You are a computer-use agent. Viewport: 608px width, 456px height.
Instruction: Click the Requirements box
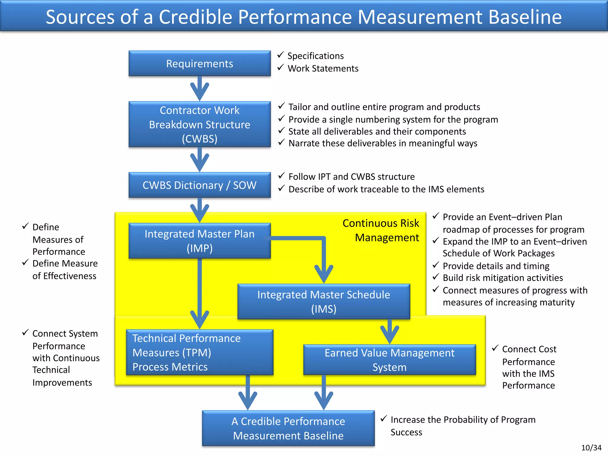(x=199, y=64)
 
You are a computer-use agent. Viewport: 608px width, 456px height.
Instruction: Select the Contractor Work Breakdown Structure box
(x=199, y=124)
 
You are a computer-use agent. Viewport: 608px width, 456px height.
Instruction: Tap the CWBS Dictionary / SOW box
(x=199, y=185)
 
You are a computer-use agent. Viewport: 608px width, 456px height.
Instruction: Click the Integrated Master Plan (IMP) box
(x=199, y=241)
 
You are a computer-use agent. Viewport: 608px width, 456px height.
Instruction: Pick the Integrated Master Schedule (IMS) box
(x=324, y=302)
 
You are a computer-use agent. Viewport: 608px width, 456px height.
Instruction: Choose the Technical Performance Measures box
(x=199, y=352)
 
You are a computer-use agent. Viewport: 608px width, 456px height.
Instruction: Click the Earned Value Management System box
(x=389, y=360)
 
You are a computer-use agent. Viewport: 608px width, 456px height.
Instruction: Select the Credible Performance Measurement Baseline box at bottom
(x=288, y=428)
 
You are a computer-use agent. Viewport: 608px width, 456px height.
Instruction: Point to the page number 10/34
(x=591, y=448)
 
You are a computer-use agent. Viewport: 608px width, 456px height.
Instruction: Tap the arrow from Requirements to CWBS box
(x=199, y=89)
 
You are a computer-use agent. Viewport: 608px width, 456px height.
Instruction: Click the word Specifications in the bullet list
(x=315, y=56)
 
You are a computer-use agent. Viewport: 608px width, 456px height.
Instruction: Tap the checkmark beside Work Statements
(x=281, y=68)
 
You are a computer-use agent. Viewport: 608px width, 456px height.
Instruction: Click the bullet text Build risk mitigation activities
(x=503, y=278)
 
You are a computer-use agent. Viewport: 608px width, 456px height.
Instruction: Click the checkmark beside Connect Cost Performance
(x=495, y=348)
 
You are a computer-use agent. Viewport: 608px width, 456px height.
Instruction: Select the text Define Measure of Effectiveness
(x=65, y=270)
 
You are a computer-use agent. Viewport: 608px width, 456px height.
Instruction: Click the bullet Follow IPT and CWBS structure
(x=351, y=177)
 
